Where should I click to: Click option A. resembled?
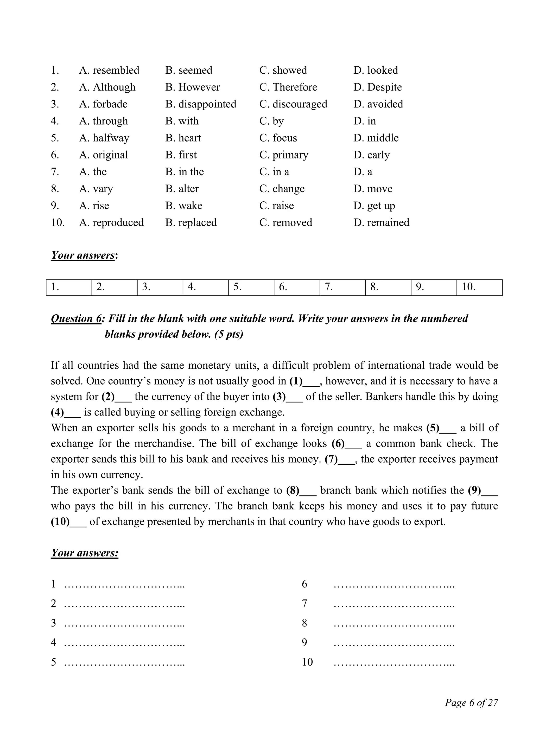pyautogui.click(x=109, y=70)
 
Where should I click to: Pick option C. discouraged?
pyautogui.click(x=293, y=104)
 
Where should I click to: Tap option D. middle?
pyautogui.click(x=376, y=138)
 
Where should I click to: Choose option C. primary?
pyautogui.click(x=284, y=155)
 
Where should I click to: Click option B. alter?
pyautogui.click(x=182, y=189)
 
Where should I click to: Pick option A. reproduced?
pyautogui.click(x=111, y=223)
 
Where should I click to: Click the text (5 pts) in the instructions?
pyautogui.click(x=229, y=334)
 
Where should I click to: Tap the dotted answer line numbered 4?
pyautogui.click(x=124, y=643)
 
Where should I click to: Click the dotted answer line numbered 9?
pyautogui.click(x=394, y=643)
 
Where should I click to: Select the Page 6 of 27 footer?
pyautogui.click(x=471, y=702)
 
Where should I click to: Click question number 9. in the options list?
pyautogui.click(x=55, y=206)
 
